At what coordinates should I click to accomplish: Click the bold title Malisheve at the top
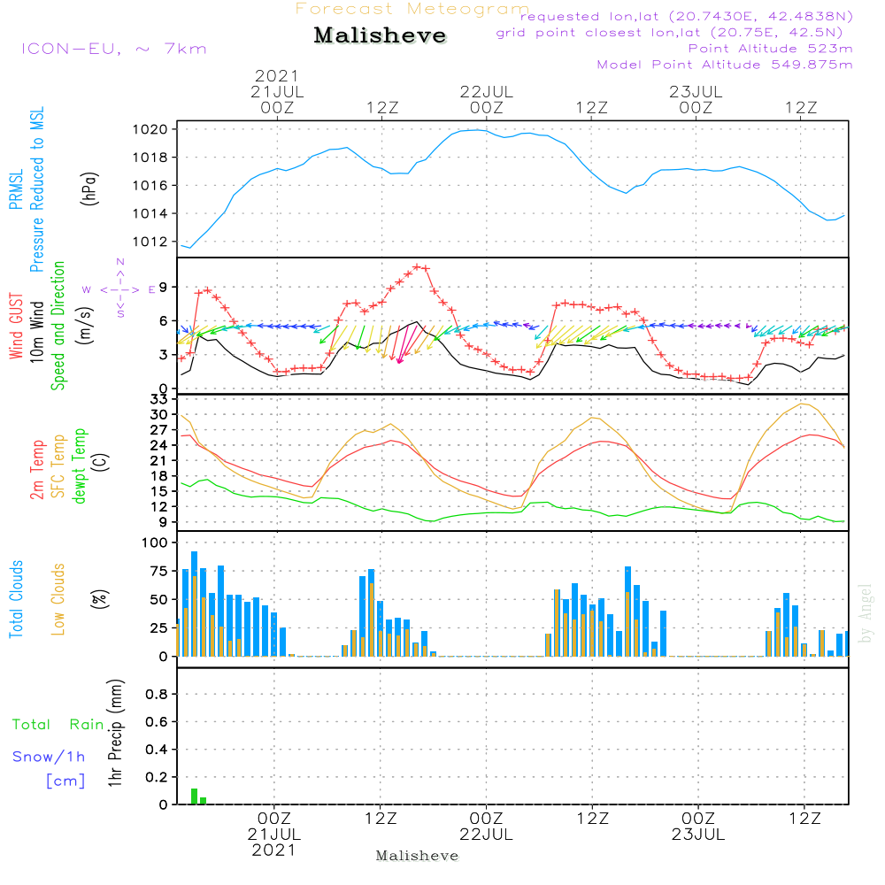[380, 35]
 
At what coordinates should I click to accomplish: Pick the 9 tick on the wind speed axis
[163, 288]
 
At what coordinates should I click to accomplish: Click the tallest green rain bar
[194, 796]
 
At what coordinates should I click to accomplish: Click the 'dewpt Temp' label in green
[80, 466]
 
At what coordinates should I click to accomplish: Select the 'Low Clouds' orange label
[59, 598]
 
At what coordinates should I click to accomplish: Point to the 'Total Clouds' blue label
[17, 598]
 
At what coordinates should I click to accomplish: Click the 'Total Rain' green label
[58, 725]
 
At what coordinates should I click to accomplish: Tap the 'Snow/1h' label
[49, 757]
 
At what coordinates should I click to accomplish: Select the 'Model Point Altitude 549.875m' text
[725, 65]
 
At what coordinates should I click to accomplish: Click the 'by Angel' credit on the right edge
[866, 612]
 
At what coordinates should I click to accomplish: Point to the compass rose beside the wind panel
[119, 289]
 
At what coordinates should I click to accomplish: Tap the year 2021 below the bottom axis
[274, 850]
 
